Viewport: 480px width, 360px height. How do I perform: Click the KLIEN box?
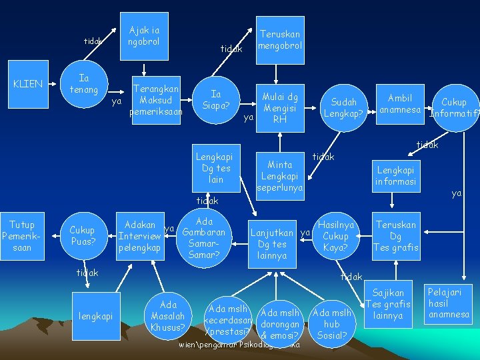tap(28, 84)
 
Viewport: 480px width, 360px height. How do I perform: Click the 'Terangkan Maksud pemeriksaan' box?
tap(156, 100)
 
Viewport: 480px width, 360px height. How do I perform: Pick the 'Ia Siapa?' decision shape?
tap(216, 100)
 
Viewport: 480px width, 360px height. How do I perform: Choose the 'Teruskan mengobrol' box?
tap(280, 39)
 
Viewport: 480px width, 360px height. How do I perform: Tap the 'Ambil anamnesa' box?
tap(400, 103)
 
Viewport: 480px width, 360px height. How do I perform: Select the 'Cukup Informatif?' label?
tap(454, 107)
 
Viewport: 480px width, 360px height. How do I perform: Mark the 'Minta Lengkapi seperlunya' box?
tap(280, 175)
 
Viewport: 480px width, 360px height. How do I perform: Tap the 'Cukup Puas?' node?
tap(82, 235)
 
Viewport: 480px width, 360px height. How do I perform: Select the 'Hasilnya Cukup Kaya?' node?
tap(335, 237)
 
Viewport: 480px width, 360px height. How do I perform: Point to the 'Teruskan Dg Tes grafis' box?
tap(395, 236)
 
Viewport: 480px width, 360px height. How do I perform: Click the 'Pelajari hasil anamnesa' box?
tap(449, 303)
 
